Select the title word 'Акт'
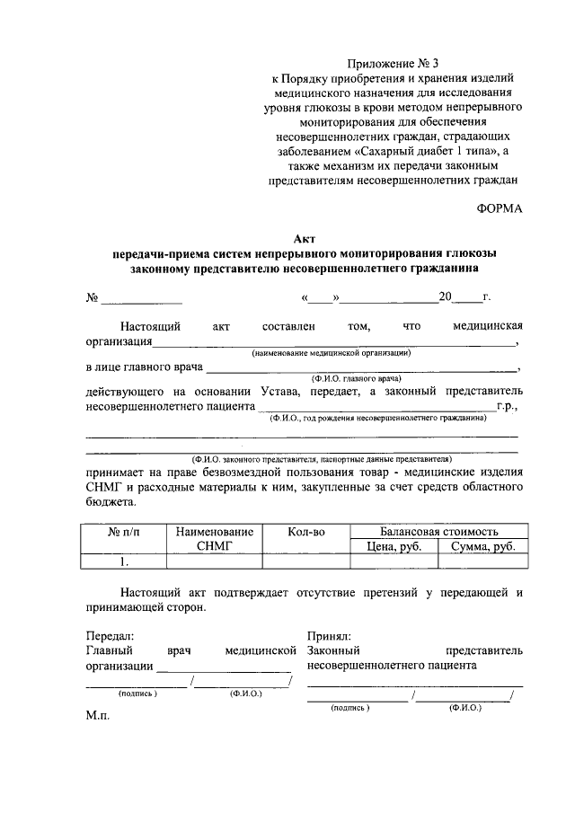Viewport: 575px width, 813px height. [305, 238]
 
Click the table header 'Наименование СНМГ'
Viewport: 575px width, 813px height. [214, 539]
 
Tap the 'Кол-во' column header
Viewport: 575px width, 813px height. [305, 533]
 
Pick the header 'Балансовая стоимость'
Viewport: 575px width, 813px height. [438, 532]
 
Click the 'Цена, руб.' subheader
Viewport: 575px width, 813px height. [394, 546]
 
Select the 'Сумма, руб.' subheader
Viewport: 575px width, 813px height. [482, 546]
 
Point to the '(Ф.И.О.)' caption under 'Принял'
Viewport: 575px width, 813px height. [464, 708]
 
